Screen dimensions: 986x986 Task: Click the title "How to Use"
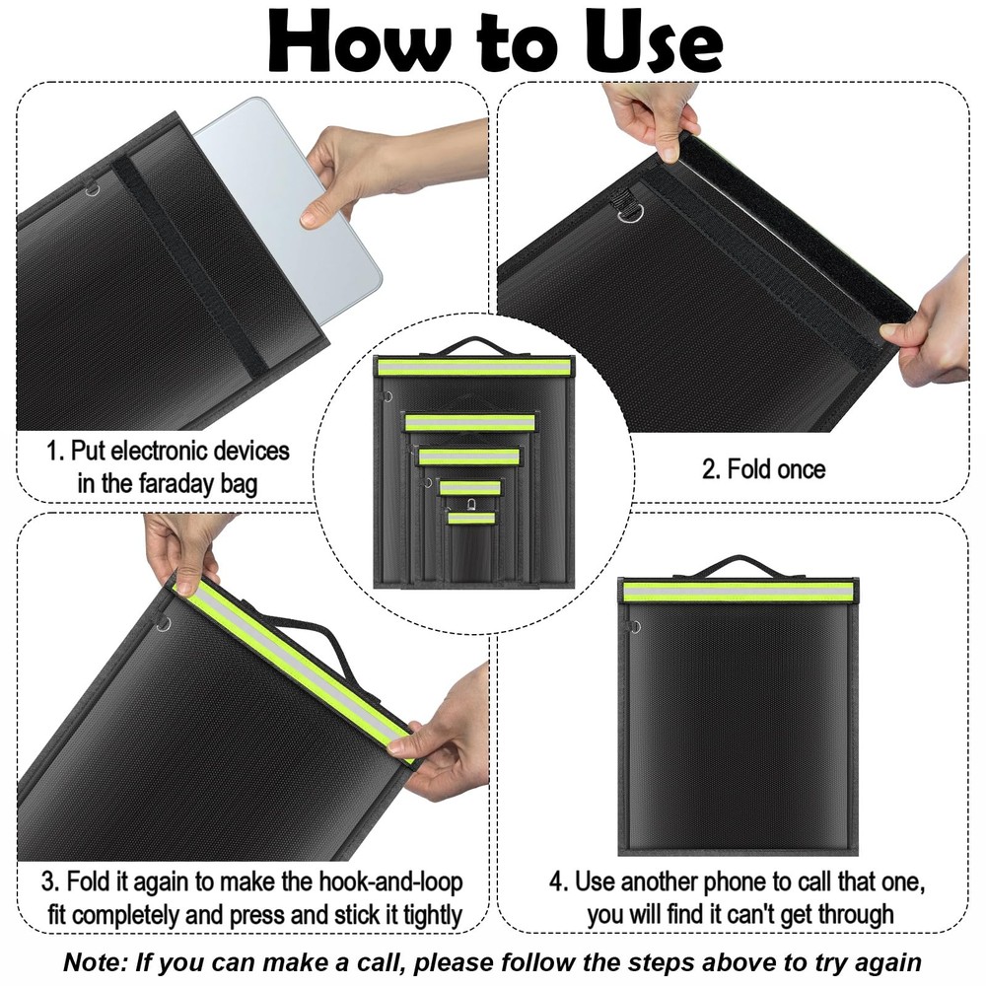(492, 41)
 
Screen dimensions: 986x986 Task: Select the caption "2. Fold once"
(763, 469)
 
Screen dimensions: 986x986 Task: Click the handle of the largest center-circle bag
(473, 345)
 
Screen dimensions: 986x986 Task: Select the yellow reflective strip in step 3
(296, 661)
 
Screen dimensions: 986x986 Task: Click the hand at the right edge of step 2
(932, 330)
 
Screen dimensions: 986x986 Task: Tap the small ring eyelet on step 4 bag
(634, 627)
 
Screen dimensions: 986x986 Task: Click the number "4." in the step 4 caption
(557, 880)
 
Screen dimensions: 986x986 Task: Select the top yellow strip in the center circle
(473, 367)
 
